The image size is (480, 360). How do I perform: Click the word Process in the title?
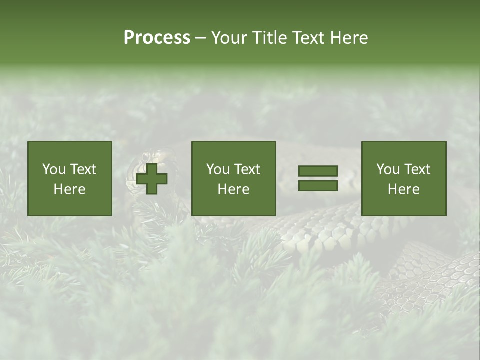[157, 38]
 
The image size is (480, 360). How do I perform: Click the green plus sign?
[152, 179]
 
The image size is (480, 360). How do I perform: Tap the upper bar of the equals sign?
[318, 171]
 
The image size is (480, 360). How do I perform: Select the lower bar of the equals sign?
[318, 186]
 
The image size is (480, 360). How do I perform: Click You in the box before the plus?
[54, 169]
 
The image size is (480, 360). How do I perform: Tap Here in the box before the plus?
[70, 189]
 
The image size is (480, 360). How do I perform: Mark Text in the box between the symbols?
[248, 169]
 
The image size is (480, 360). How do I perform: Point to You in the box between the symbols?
[218, 169]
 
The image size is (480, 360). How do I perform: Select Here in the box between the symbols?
[234, 189]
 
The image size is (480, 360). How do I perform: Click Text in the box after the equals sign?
[418, 169]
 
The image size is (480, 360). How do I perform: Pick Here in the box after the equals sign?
[404, 189]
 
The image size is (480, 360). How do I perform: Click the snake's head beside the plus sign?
[133, 172]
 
